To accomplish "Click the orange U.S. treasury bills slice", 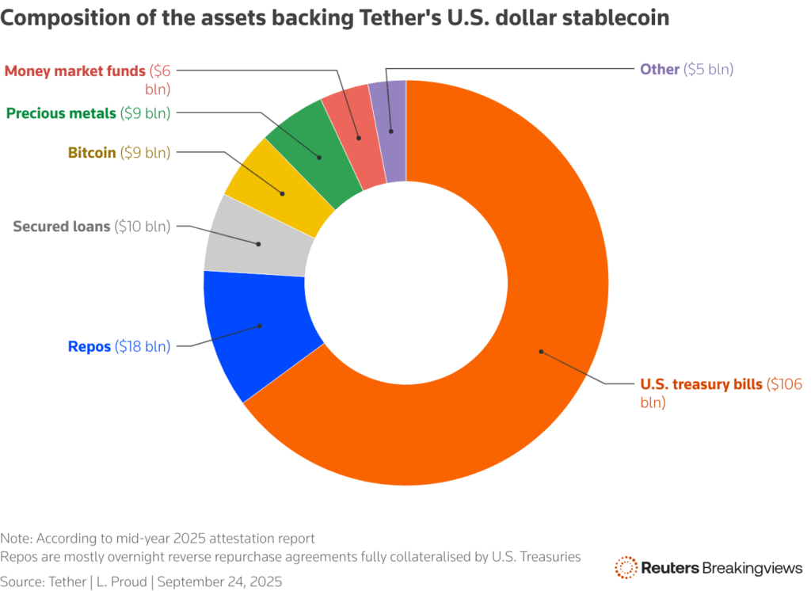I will pyautogui.click(x=507, y=396).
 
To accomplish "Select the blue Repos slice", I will pyautogui.click(x=253, y=333).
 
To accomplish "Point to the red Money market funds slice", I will pyautogui.click(x=356, y=135).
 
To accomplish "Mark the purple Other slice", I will pyautogui.click(x=391, y=127).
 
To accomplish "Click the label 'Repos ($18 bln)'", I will pyautogui.click(x=119, y=346).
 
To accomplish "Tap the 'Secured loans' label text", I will pyautogui.click(x=62, y=227).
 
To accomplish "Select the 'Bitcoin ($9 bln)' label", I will pyautogui.click(x=119, y=152).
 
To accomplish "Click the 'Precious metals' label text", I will pyautogui.click(x=60, y=113).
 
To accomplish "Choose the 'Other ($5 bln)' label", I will pyautogui.click(x=686, y=69).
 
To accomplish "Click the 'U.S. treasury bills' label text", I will pyautogui.click(x=700, y=384).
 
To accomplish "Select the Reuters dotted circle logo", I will pyautogui.click(x=626, y=567).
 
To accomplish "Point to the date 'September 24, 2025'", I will pyautogui.click(x=219, y=581).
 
